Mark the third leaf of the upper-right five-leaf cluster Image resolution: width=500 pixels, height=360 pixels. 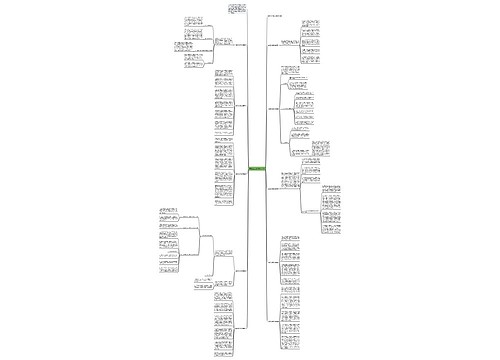click(311, 46)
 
